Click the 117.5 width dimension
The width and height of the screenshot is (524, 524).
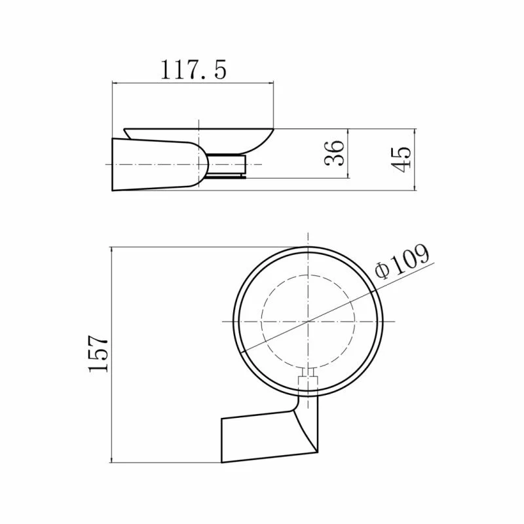[x=193, y=70]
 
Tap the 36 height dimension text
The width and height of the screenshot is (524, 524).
[x=334, y=153]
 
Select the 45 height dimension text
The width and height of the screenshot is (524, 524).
[x=401, y=159]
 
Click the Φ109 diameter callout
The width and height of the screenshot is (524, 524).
[x=402, y=261]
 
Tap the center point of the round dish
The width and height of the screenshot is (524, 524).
[x=308, y=322]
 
